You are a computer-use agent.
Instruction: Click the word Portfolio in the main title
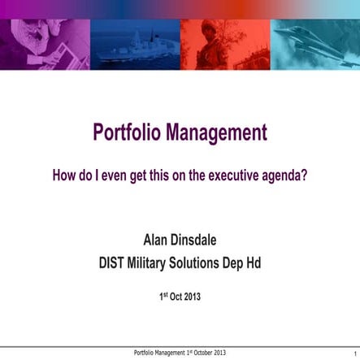click(127, 132)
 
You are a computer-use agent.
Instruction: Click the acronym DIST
click(112, 262)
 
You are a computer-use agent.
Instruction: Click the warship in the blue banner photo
click(134, 41)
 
